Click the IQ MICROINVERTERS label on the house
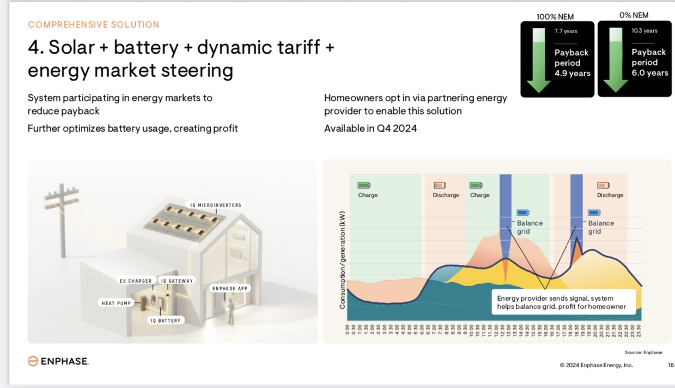point(216,205)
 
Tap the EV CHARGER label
point(136,281)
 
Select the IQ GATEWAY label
point(177,281)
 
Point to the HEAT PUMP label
point(116,303)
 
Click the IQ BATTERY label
point(166,320)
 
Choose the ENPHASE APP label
point(230,288)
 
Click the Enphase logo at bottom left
point(58,361)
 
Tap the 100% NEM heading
point(555,17)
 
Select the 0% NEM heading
point(634,15)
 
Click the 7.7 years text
point(566,31)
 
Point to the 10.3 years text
point(644,31)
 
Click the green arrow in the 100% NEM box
point(538,60)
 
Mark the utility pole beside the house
point(62,220)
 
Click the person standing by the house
point(231,311)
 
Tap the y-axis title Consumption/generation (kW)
point(342,260)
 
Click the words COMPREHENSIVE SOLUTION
point(93,25)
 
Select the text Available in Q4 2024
point(370,129)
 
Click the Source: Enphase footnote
point(643,352)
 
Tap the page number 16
point(671,365)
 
